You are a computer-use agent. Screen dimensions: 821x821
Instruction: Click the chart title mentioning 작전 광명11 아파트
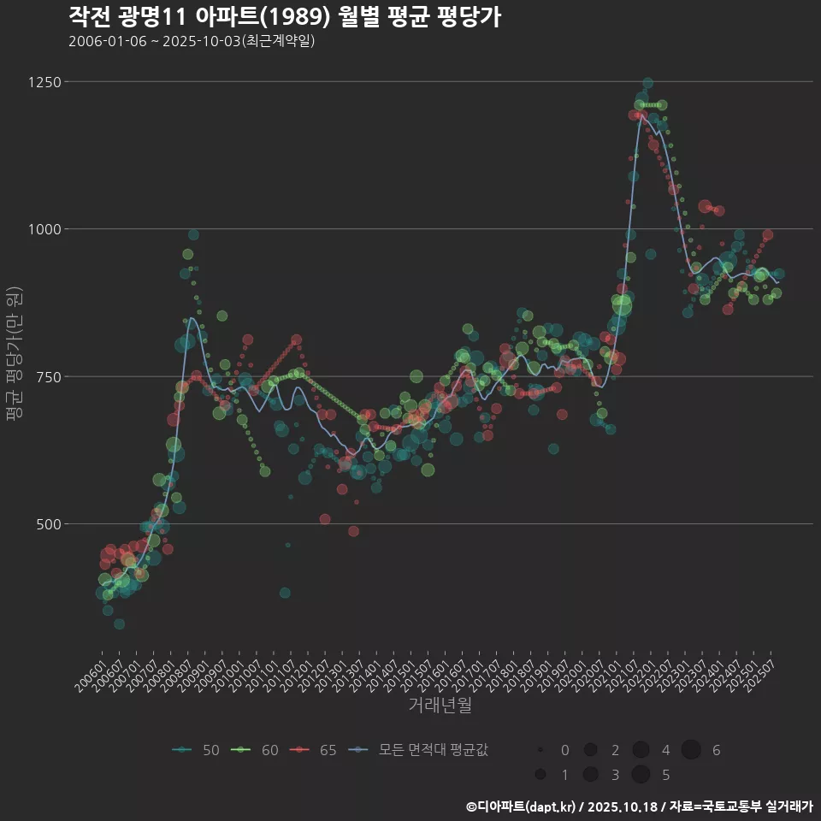pos(284,16)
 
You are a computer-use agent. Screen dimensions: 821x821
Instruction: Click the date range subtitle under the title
pos(192,41)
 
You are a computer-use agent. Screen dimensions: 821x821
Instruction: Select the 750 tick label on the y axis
pos(48,376)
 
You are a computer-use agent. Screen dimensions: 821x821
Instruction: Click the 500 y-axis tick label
pos(48,523)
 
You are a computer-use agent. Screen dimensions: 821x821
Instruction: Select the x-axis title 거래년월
pos(440,705)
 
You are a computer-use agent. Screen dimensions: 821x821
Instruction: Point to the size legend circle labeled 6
pos(691,750)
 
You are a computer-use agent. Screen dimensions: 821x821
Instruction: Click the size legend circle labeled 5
pos(641,775)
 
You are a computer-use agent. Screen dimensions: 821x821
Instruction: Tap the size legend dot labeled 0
pos(540,750)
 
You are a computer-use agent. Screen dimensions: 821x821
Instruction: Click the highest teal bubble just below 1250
pos(647,84)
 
